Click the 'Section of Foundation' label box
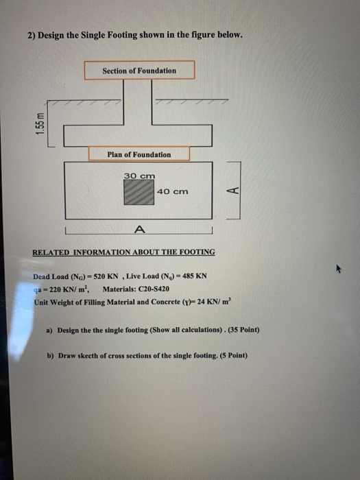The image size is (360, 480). tap(139, 70)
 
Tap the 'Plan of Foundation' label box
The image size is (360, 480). tap(139, 154)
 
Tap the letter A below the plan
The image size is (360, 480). tap(140, 228)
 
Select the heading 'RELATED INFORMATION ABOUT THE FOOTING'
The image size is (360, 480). tap(123, 252)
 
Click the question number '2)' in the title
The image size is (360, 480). tap(31, 36)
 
